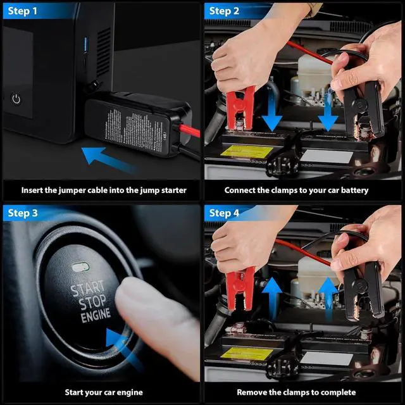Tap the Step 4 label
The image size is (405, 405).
coord(224,213)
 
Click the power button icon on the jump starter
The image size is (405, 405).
coord(16,99)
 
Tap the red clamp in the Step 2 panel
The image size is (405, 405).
coord(241,108)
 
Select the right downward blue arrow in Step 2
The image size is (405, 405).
coord(328,114)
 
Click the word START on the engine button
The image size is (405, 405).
coord(88,290)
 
